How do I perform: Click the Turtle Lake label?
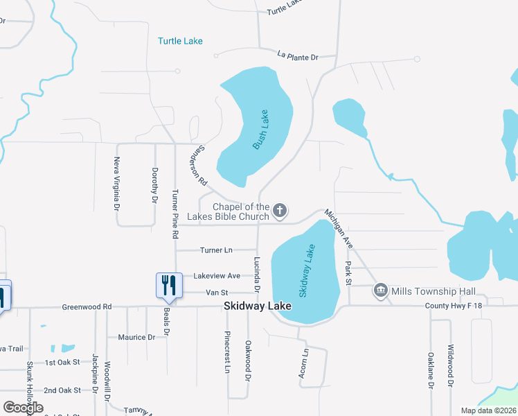180,41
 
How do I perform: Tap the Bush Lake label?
261,130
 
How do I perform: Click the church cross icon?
280,210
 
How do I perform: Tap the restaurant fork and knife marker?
169,284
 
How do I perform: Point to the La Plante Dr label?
297,55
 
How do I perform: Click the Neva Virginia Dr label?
116,184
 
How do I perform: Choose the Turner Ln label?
216,250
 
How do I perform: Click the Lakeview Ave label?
217,275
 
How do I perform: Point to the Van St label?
217,293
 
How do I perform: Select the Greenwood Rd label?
87,306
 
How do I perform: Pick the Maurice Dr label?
136,337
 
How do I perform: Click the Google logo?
23,408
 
